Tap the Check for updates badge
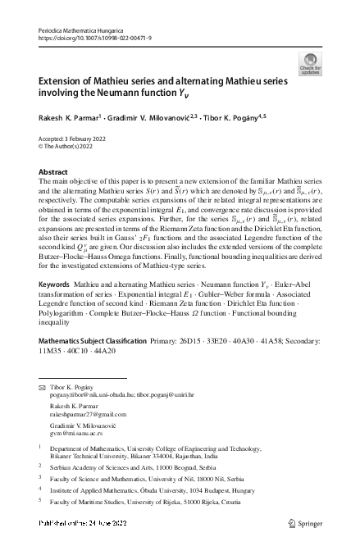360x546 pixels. [x=311, y=64]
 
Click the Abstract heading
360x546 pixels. [x=54, y=172]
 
